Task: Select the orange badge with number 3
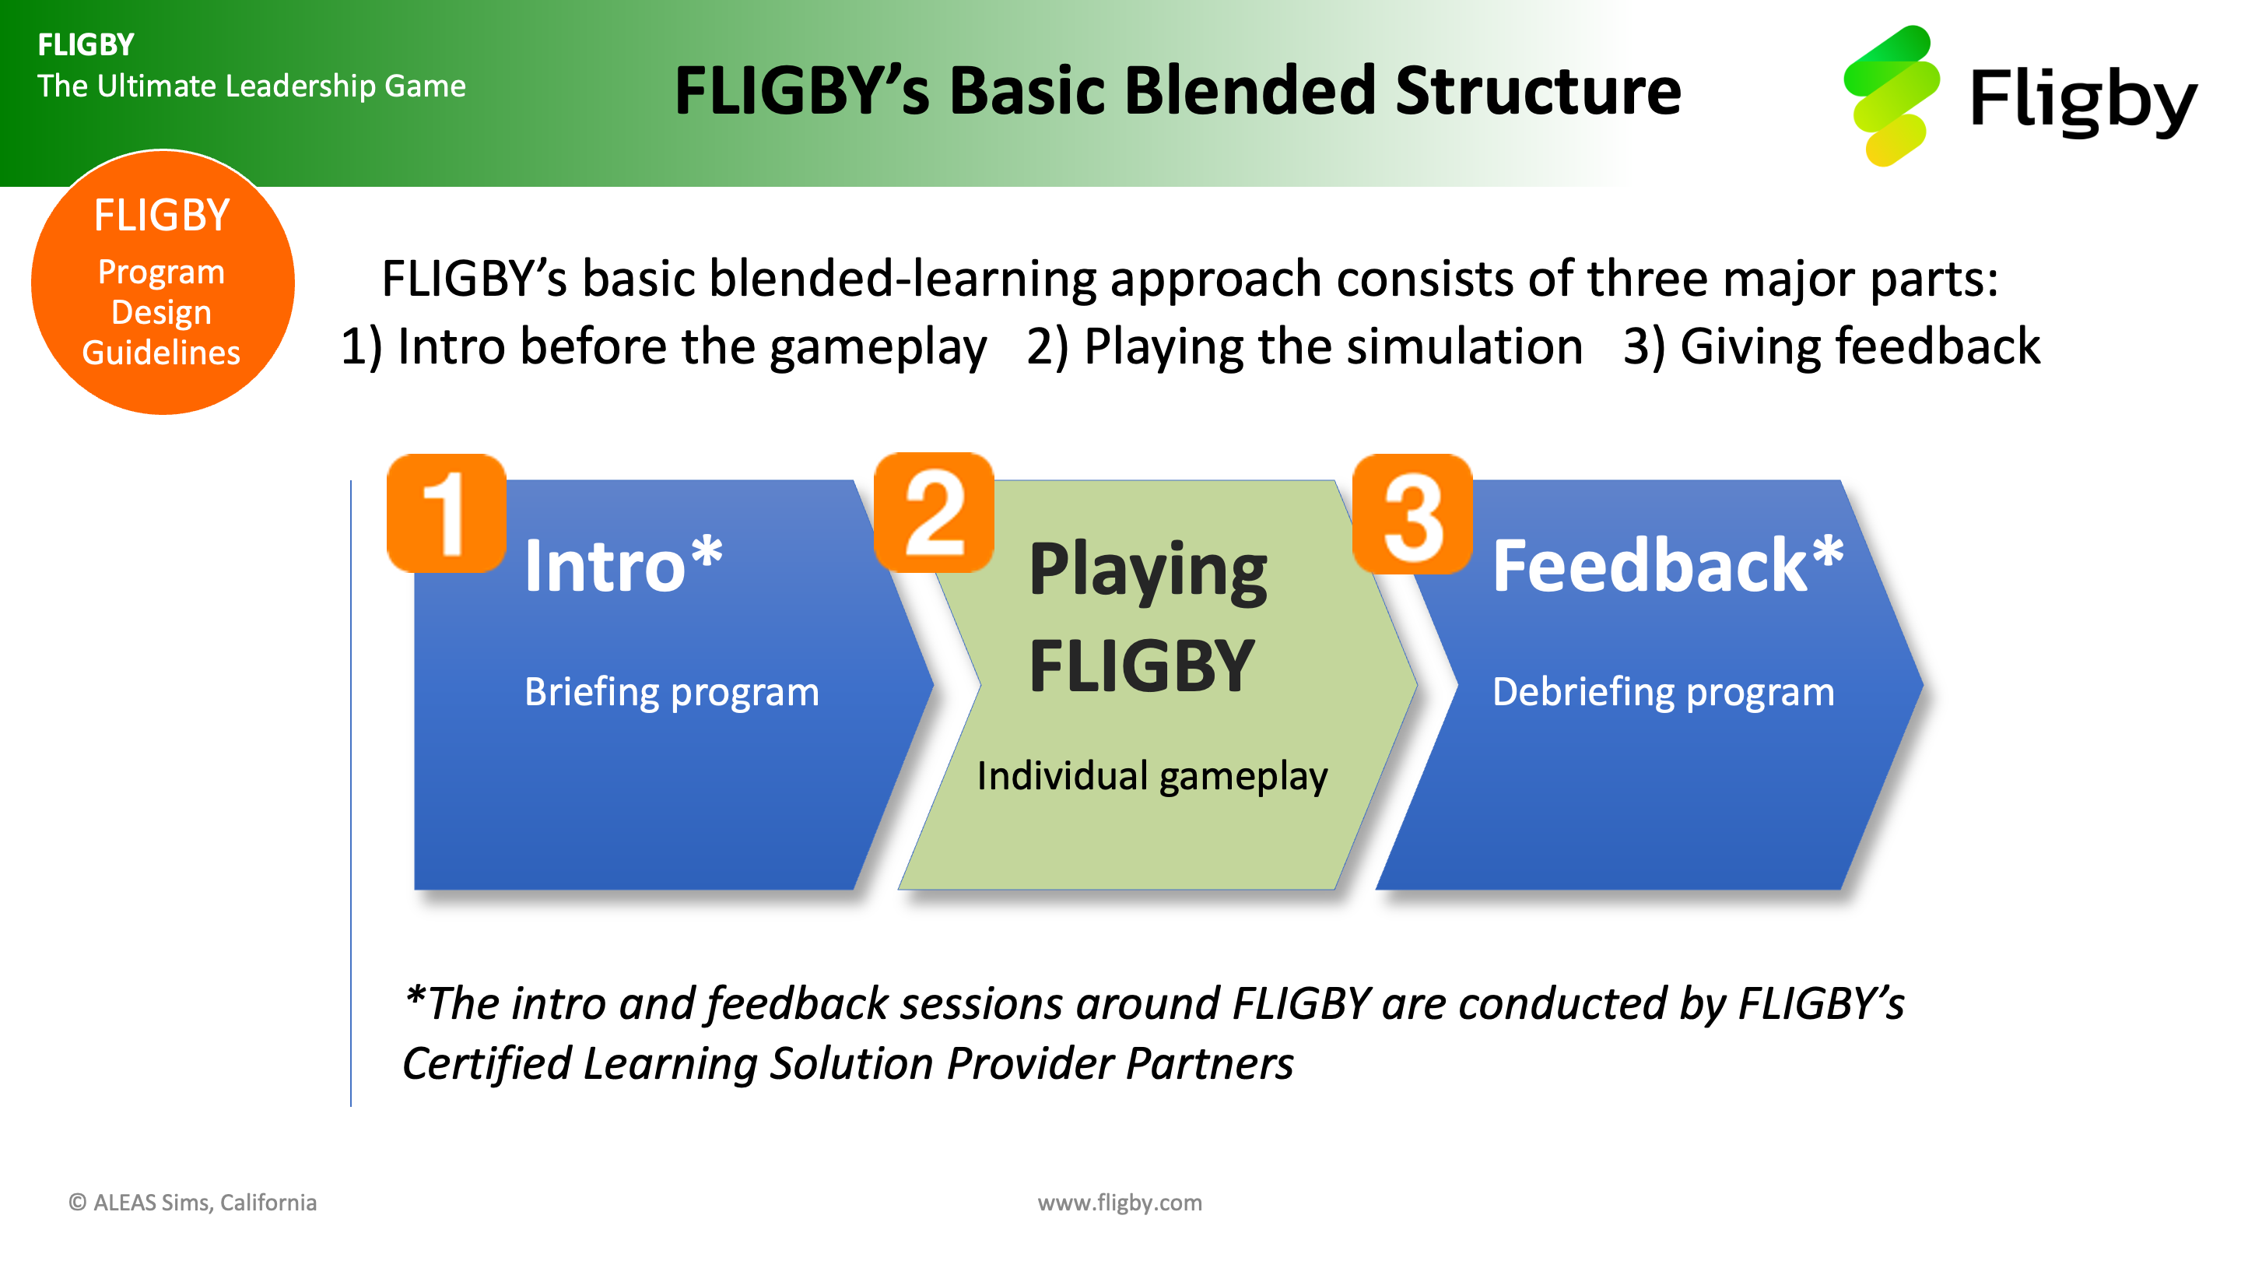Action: (x=1413, y=514)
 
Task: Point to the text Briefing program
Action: (x=672, y=692)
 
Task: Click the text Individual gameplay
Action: (x=1152, y=775)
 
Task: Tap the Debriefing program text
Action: (x=1664, y=692)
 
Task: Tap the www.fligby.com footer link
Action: (x=1120, y=1202)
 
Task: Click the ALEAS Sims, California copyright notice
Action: (x=192, y=1202)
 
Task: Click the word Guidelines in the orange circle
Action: (x=161, y=352)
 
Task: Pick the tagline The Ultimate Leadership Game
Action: (x=251, y=86)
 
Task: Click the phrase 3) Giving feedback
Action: (x=1831, y=346)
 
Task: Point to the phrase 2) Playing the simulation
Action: (x=1304, y=346)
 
